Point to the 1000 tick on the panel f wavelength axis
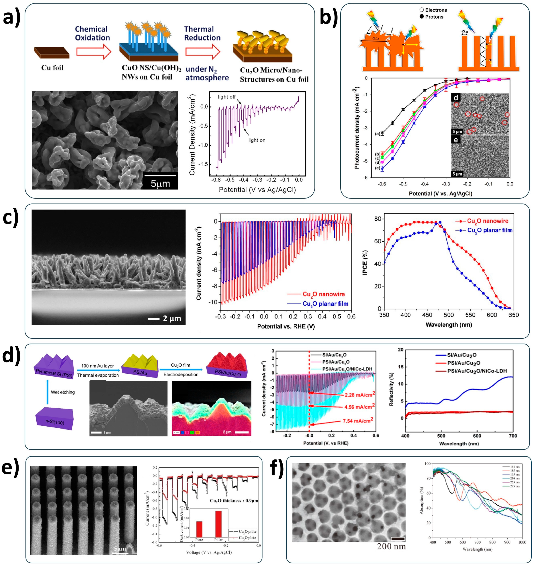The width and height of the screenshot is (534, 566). tap(522, 542)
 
